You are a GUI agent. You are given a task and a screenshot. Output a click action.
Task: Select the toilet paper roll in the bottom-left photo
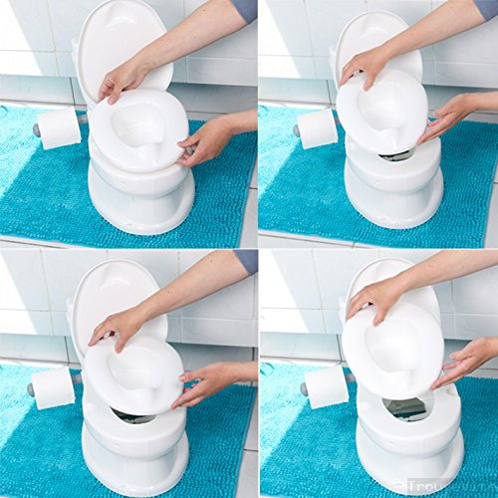click(54, 386)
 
